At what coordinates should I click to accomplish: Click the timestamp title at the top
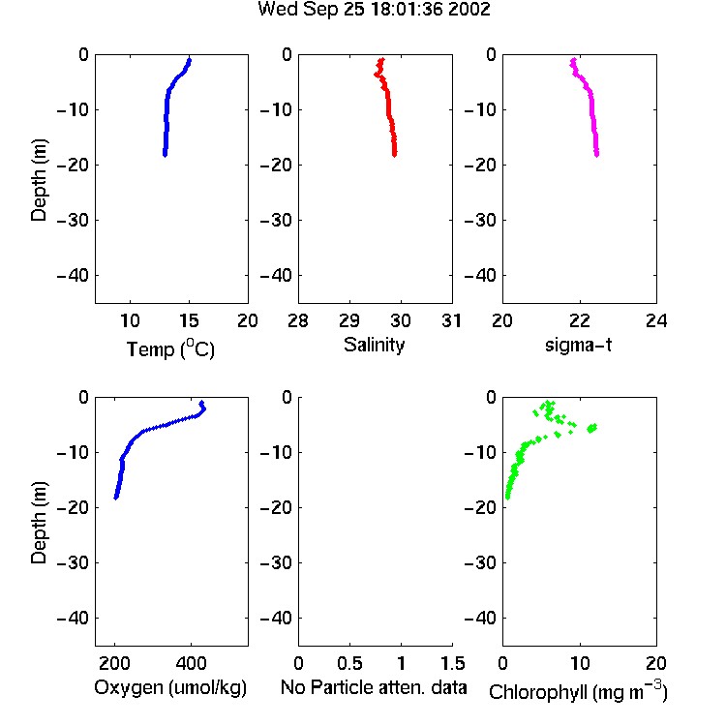coord(374,10)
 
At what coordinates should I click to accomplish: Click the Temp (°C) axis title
coord(170,348)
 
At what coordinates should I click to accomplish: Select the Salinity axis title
coord(374,345)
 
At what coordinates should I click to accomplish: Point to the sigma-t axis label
coord(578,345)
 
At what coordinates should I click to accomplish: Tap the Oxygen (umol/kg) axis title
coord(170,687)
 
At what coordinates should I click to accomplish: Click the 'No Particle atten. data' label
coord(374,687)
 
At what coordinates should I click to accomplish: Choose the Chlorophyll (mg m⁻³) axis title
coord(578,691)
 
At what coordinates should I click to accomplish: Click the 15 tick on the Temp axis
coord(189,320)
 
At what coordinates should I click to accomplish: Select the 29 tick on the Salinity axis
coord(349,320)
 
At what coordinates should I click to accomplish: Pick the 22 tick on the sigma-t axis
coord(579,320)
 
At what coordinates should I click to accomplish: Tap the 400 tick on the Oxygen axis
coord(191,663)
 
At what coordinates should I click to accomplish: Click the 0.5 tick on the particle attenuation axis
coord(349,663)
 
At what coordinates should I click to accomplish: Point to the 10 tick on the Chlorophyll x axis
coord(579,663)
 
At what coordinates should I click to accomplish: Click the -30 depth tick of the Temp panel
coord(73,220)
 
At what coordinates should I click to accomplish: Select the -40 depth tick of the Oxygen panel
coord(73,618)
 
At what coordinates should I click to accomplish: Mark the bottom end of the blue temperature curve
coord(165,155)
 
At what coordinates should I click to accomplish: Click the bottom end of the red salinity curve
coord(395,155)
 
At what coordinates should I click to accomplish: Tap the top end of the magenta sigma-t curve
coord(573,60)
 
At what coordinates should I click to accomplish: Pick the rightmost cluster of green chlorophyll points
coord(591,428)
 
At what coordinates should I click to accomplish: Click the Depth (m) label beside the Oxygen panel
coord(39,523)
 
